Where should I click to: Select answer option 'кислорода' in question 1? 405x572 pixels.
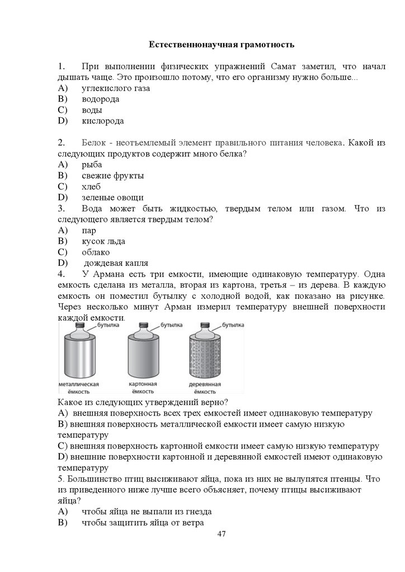pos(102,121)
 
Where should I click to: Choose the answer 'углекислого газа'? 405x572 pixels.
pos(116,88)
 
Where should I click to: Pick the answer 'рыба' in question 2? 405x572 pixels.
pos(92,164)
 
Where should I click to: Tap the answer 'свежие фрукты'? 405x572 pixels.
pos(112,175)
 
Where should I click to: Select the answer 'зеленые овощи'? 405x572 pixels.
pos(112,197)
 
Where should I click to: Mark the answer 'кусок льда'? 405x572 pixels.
pos(103,241)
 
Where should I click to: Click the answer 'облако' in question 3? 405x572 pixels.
pos(96,252)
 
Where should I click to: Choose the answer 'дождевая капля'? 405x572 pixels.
pos(115,263)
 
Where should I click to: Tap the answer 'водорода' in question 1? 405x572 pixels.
pos(100,99)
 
